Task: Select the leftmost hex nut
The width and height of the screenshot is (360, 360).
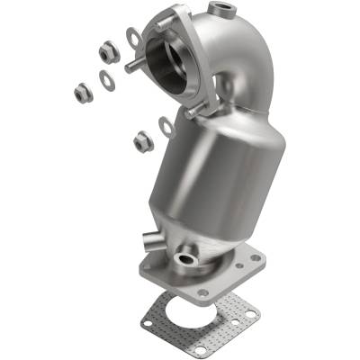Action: click(x=81, y=90)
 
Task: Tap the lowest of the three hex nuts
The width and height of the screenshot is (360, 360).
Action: click(x=141, y=140)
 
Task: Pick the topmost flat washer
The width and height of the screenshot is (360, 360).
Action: click(x=132, y=37)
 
